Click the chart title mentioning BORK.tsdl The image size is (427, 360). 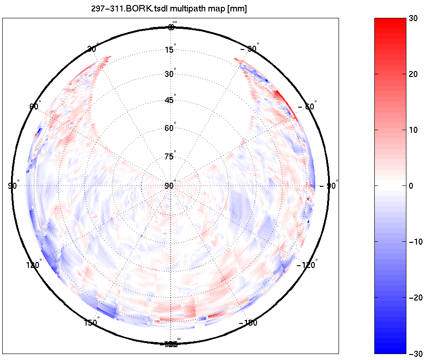[x=169, y=9]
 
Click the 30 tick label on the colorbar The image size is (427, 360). [x=414, y=18]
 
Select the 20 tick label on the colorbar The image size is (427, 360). [x=414, y=74]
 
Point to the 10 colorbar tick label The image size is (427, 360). [x=414, y=130]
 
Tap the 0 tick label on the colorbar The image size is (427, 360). [x=411, y=186]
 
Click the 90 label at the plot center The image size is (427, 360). [x=169, y=185]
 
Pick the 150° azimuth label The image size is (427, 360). [x=91, y=323]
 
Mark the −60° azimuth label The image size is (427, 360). [x=307, y=106]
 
